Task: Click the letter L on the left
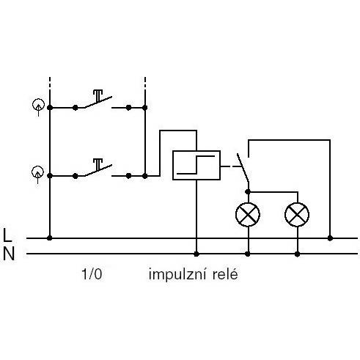tap(8, 235)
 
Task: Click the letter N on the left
tap(9, 254)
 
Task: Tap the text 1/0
tap(92, 274)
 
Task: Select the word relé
tap(225, 274)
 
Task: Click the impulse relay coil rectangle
tap(196, 166)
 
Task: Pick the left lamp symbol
tap(248, 215)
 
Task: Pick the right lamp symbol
tap(297, 215)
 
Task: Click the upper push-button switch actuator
tap(98, 95)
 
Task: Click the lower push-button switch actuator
tap(98, 164)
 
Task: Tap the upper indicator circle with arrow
tap(39, 106)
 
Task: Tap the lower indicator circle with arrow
tap(38, 173)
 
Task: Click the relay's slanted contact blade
tap(243, 167)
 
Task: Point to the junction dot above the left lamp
tap(248, 192)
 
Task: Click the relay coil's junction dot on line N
tap(196, 254)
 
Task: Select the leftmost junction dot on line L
tap(50, 238)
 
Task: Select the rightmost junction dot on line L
tap(330, 238)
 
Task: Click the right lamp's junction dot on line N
tap(297, 254)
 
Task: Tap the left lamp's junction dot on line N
tap(248, 254)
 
